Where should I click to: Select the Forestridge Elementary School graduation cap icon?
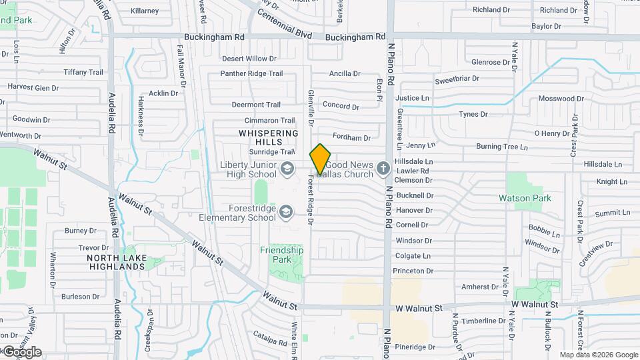286,211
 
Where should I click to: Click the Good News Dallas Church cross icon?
383,168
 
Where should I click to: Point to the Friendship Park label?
281,255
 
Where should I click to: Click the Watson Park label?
525,198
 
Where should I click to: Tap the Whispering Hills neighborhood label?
269,137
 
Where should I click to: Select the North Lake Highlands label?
115,262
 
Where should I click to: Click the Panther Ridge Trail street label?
251,73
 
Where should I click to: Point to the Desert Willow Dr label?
249,59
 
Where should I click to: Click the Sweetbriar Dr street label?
457,79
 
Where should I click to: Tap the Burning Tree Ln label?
501,147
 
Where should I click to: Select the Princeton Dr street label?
413,271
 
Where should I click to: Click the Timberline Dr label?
488,321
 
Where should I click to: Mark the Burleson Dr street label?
80,297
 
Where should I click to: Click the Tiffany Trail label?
83,72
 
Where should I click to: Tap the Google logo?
21,351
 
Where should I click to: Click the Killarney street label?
145,11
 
